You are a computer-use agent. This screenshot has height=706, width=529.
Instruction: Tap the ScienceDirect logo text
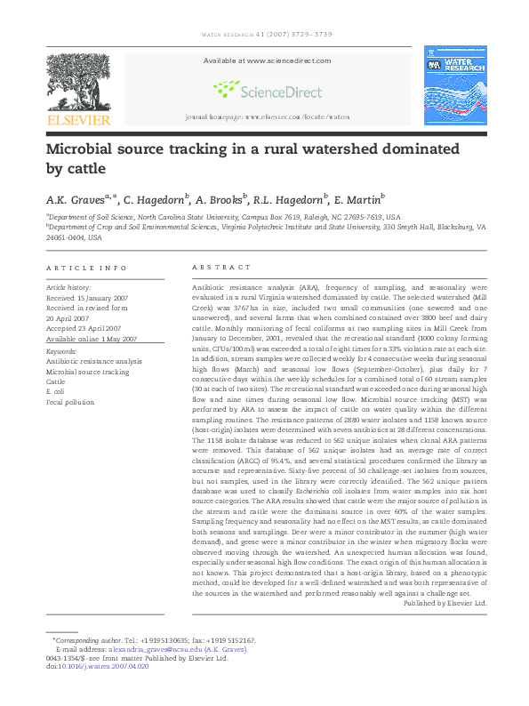click(264, 88)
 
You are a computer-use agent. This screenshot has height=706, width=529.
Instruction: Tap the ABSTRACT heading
click(217, 268)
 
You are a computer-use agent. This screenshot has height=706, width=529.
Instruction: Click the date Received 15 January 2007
click(87, 298)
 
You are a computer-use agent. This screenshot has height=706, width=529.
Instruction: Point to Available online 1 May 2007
click(92, 339)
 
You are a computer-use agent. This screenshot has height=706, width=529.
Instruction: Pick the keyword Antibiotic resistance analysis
click(93, 361)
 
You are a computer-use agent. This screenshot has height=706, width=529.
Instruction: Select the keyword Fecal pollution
click(69, 402)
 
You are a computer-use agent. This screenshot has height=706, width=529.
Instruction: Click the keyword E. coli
click(55, 391)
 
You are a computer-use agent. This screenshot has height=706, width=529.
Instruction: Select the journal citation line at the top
click(264, 36)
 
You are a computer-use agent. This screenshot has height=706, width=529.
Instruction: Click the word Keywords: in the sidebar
click(61, 351)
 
